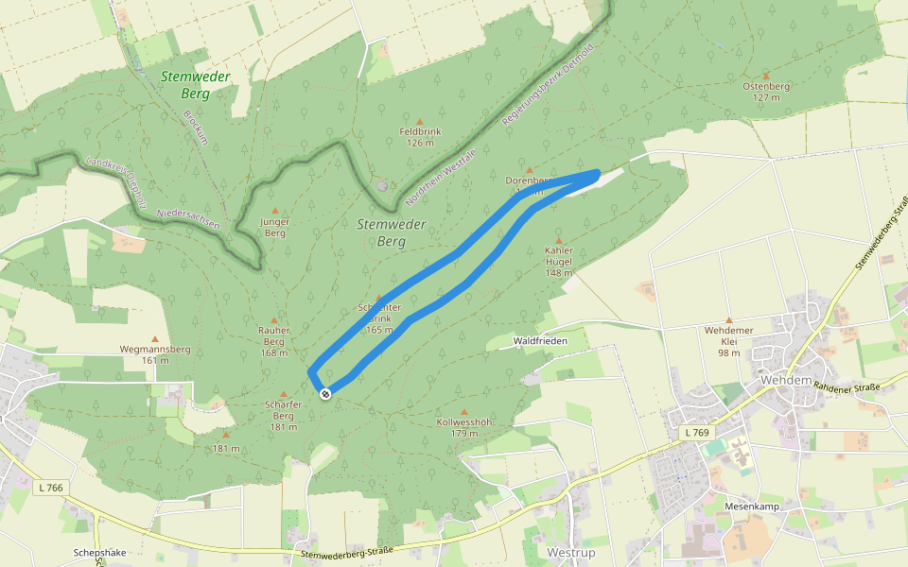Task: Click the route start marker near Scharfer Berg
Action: pyautogui.click(x=325, y=393)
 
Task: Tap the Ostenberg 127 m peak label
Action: pyautogui.click(x=766, y=91)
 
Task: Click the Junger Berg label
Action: pyautogui.click(x=274, y=227)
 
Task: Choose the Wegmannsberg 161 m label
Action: pyautogui.click(x=155, y=354)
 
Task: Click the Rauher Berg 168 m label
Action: pyautogui.click(x=274, y=341)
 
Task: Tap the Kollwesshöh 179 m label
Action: pyautogui.click(x=463, y=427)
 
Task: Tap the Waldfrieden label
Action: pyautogui.click(x=538, y=340)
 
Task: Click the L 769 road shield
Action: pyautogui.click(x=695, y=433)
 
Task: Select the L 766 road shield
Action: pyautogui.click(x=51, y=488)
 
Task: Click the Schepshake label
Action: pyautogui.click(x=99, y=553)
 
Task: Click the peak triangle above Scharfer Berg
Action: pyautogui.click(x=283, y=390)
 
